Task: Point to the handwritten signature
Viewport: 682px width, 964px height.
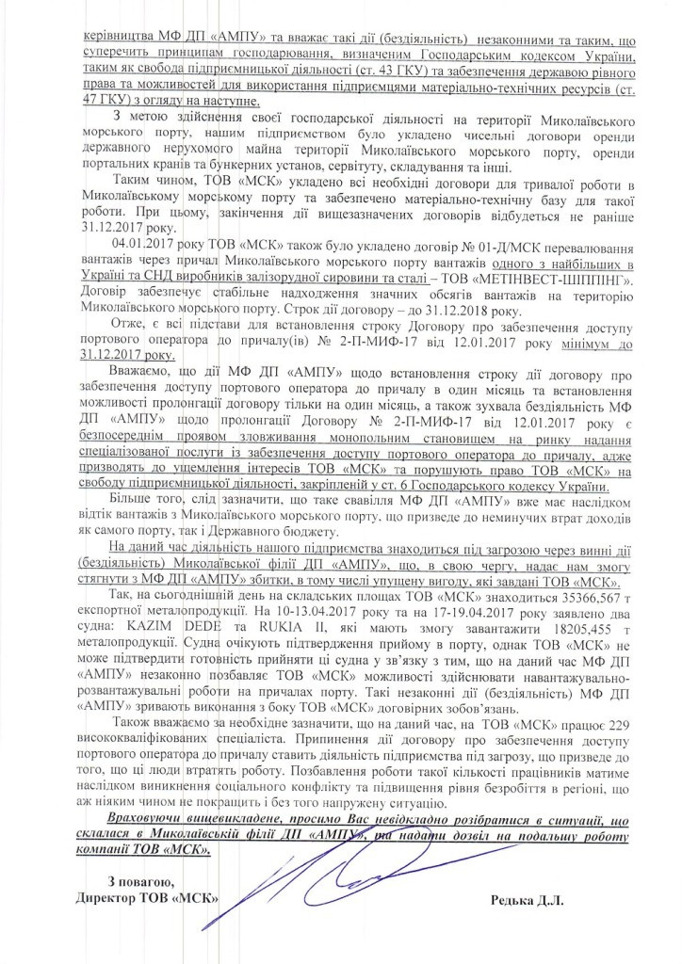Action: [x=330, y=861]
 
